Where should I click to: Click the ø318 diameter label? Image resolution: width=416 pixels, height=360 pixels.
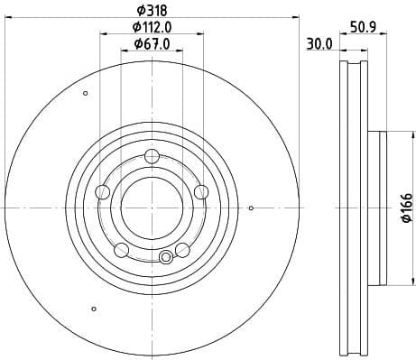(150, 10)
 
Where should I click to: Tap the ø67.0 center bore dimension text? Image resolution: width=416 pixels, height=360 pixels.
(150, 44)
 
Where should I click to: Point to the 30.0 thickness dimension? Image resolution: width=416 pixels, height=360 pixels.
(319, 43)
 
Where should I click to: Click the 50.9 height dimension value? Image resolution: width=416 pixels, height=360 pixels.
(363, 26)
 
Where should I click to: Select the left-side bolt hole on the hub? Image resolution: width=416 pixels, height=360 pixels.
(102, 191)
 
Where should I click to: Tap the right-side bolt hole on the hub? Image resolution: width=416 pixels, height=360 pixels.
(200, 191)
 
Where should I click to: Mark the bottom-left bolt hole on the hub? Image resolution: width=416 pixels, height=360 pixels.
(121, 249)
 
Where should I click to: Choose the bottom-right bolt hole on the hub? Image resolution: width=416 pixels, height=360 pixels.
(181, 249)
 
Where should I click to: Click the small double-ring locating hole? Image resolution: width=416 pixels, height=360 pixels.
(165, 258)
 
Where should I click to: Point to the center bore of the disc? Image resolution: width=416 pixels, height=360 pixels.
(151, 207)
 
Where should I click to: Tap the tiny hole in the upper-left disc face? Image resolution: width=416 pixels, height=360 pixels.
(86, 94)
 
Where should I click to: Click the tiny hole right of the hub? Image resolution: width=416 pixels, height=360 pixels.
(251, 209)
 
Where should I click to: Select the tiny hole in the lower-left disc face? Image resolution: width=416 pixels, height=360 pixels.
(94, 309)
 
